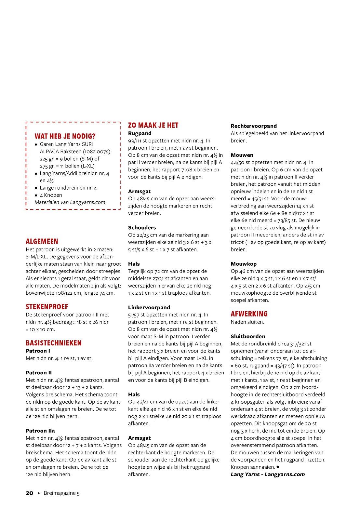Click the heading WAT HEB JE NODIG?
65,136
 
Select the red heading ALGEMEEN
42,241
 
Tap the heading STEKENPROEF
47,307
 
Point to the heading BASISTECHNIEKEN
54,343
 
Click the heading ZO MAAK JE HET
153,126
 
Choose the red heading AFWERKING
249,314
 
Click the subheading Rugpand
140,133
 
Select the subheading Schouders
142,228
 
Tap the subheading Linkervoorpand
149,307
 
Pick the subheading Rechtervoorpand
254,126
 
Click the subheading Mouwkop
244,264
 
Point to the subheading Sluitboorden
248,337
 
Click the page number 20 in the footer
30,493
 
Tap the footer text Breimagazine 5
61,493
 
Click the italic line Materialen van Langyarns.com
70,202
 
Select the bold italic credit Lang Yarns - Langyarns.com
268,475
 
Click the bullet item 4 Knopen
51,195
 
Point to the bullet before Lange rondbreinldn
36,188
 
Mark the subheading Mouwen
242,155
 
